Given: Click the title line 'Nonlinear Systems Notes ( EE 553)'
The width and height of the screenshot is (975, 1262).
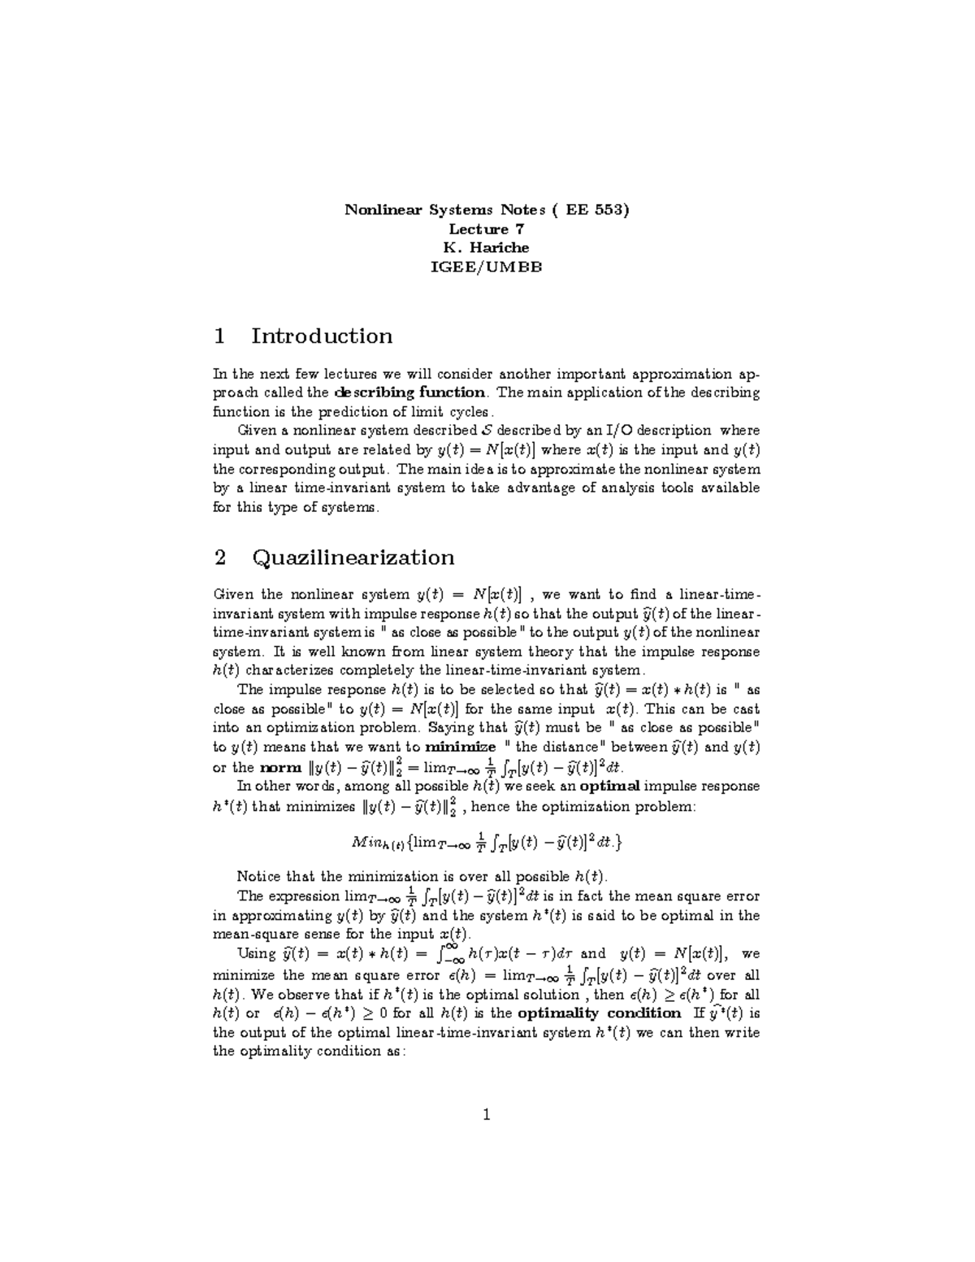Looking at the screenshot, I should point(487,210).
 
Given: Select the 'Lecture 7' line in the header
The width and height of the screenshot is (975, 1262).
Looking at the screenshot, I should point(487,229).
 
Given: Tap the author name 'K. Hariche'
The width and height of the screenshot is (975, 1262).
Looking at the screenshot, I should point(487,248).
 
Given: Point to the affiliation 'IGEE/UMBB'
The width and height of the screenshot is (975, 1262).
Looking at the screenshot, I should point(487,267).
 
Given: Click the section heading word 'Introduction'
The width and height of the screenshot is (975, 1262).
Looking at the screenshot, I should point(322,336).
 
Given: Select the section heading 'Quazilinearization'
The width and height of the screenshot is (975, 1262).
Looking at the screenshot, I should point(353,557).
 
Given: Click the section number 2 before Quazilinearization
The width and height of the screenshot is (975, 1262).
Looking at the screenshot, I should point(219,557).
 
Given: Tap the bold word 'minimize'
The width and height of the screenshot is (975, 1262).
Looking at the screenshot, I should point(461,747).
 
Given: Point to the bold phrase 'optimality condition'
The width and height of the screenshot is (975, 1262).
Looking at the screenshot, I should point(599,1013).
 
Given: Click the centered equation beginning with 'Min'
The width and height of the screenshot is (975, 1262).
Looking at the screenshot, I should point(487,843).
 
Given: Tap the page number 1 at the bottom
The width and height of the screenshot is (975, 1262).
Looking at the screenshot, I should point(487,1114).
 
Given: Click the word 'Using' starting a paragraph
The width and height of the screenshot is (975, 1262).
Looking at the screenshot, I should point(256,953).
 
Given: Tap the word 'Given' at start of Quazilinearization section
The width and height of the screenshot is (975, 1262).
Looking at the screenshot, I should point(232,594).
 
